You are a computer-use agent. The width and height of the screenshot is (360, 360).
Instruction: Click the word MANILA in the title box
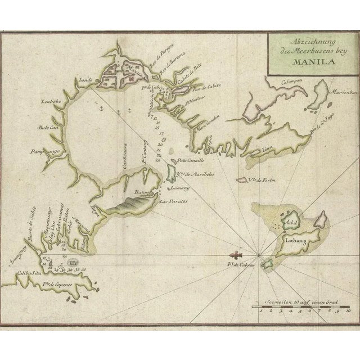[x=308, y=62]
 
